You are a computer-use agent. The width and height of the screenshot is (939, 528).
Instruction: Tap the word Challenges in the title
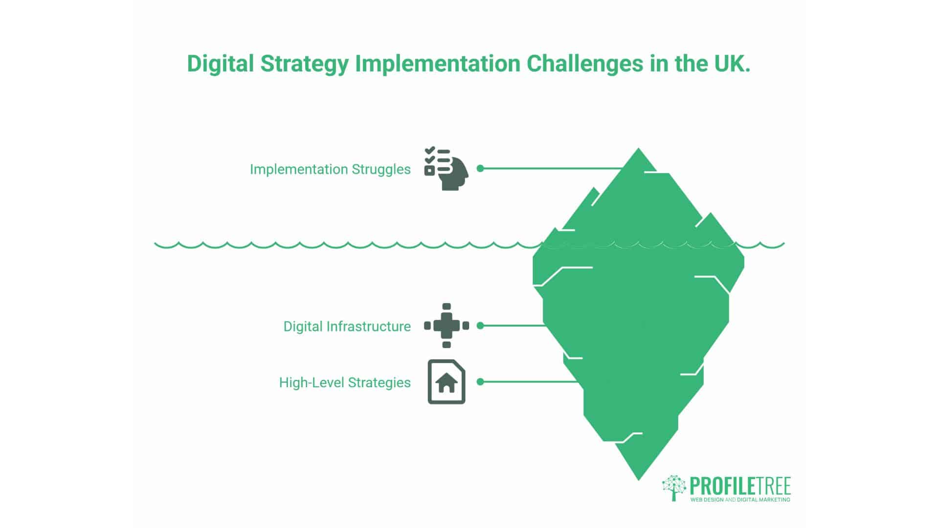[585, 64]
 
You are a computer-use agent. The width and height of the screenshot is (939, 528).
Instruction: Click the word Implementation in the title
[438, 64]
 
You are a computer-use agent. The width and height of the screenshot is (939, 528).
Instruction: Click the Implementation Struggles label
[330, 169]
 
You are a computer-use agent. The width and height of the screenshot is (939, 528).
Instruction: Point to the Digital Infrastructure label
[347, 326]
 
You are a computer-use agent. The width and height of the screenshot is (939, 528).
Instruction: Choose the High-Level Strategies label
[345, 382]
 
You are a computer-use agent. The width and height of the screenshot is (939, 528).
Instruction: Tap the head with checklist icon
[446, 169]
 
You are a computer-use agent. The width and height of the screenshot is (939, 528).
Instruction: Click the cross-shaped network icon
[447, 326]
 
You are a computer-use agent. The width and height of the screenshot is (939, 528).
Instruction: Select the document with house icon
[447, 382]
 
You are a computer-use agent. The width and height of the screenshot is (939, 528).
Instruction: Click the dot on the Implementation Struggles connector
[480, 168]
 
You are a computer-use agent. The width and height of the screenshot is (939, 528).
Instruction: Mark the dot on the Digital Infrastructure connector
[480, 326]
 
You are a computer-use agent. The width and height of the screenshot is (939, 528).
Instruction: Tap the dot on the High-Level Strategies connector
[480, 382]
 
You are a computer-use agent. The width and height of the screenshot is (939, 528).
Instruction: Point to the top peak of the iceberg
[638, 148]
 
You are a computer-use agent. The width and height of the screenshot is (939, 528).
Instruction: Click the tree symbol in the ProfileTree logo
[674, 487]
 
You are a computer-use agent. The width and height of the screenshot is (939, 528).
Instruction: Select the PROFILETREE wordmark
[740, 486]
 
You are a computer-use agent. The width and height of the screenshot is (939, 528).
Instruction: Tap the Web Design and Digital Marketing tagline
[740, 500]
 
